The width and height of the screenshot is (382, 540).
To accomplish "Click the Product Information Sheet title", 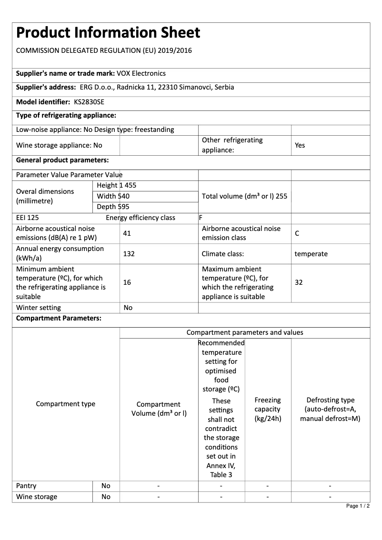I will (x=108, y=33).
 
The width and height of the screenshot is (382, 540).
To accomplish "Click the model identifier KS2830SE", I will (x=89, y=102).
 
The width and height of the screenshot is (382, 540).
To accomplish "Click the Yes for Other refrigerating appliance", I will (x=300, y=145).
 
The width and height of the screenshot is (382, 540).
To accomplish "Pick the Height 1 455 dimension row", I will (x=116, y=185).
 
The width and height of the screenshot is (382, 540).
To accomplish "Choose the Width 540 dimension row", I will (x=113, y=196).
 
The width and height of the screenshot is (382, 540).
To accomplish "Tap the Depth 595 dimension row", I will (x=113, y=207).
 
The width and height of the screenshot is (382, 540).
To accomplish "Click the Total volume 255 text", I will (x=244, y=196).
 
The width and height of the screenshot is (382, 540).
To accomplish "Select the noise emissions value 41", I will (x=127, y=233).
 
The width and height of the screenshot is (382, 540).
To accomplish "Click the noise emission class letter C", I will (x=297, y=233).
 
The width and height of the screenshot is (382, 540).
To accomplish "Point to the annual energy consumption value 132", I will (x=129, y=254).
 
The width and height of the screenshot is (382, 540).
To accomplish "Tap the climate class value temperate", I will (x=311, y=254).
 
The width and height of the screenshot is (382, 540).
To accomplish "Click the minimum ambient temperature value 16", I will (x=127, y=282).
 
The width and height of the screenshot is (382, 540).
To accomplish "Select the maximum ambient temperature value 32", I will (x=299, y=282).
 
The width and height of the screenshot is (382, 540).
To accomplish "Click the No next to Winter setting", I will (x=128, y=308).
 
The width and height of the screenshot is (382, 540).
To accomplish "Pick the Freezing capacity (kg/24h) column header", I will (x=268, y=410).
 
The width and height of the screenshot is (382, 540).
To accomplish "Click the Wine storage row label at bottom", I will (x=37, y=497).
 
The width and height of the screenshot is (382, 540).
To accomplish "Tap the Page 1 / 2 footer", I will (x=358, y=506).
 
